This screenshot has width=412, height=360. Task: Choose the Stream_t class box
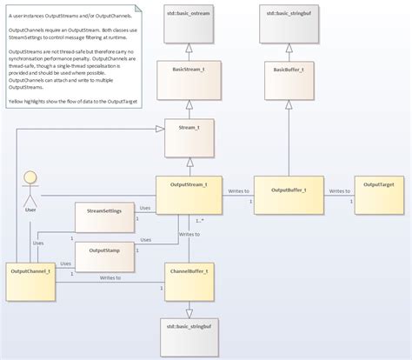click(189, 139)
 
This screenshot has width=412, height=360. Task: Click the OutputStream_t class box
click(189, 197)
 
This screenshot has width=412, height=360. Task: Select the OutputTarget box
click(378, 197)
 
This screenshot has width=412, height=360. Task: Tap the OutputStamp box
click(103, 256)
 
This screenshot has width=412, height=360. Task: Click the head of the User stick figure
click(30, 177)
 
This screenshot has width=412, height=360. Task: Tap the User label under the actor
click(30, 209)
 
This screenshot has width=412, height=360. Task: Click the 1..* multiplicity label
click(201, 220)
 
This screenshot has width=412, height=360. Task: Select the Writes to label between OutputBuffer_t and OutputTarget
click(339, 190)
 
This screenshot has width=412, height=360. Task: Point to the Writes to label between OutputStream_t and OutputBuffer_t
click(238, 190)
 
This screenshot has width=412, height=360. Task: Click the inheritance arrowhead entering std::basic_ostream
click(189, 49)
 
